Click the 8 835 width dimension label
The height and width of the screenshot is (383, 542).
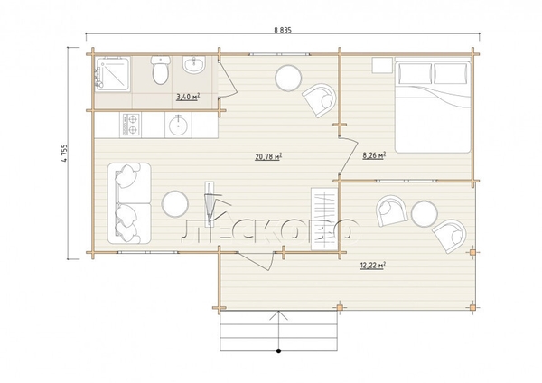point(283,30)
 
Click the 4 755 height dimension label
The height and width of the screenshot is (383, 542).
point(65,153)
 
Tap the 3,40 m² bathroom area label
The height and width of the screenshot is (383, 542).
point(188,97)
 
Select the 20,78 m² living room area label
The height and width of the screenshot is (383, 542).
point(268,156)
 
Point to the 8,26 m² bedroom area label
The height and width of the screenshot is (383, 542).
point(374,155)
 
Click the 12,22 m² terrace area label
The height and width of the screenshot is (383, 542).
point(373,266)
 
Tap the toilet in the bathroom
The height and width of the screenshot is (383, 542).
point(161,70)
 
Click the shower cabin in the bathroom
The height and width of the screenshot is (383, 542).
point(113,74)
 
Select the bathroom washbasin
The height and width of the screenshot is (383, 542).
point(194,65)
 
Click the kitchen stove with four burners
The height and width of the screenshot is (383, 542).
point(130,125)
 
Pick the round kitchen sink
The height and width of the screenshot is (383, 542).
point(178,125)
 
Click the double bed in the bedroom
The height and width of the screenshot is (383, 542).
point(433,106)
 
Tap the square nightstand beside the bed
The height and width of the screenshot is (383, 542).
point(382,65)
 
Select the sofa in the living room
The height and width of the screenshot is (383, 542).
point(129,203)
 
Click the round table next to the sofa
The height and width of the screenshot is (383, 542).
point(175,204)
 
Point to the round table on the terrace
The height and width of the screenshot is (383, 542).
point(425,213)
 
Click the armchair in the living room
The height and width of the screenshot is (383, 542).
point(320,100)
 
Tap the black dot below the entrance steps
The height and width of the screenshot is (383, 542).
point(278,351)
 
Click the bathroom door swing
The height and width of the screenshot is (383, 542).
point(228,78)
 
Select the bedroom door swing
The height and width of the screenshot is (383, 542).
point(349,155)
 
